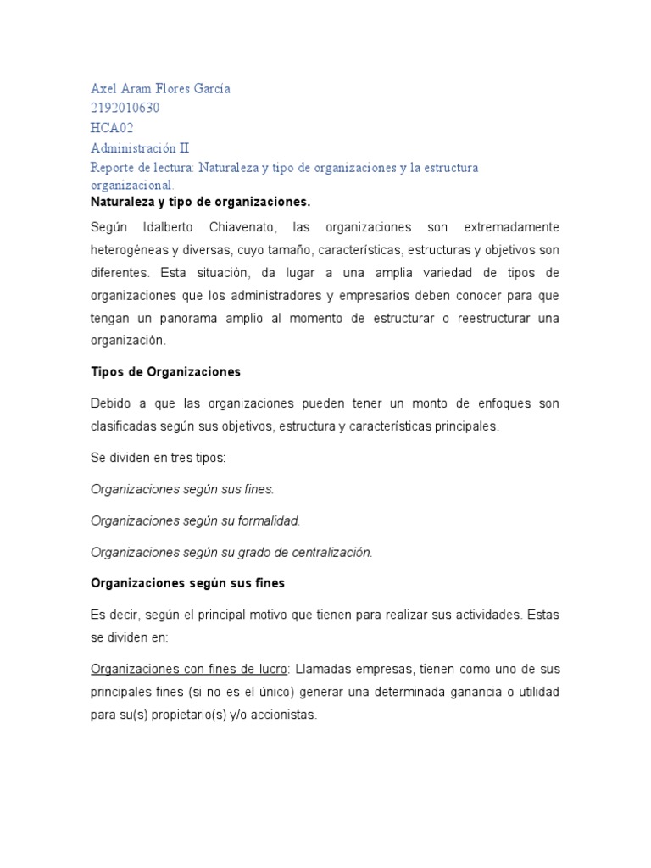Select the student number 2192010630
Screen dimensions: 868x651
(x=125, y=108)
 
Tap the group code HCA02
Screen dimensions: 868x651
(x=112, y=128)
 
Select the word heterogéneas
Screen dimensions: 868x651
(x=130, y=251)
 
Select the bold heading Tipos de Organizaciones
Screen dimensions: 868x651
(x=166, y=372)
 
